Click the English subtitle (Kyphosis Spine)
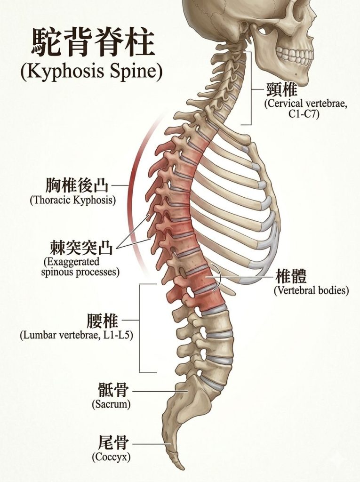(x=91, y=72)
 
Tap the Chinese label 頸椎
(x=282, y=90)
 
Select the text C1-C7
(x=304, y=114)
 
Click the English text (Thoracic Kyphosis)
(x=73, y=200)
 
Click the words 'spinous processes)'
(x=80, y=272)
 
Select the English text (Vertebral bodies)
(x=312, y=290)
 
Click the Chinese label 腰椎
(x=103, y=321)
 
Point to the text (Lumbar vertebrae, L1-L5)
(x=77, y=335)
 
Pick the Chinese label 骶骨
(x=113, y=390)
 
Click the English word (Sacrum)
(x=111, y=404)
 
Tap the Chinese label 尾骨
(x=113, y=443)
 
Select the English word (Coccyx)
(x=111, y=457)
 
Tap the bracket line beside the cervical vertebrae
(x=251, y=88)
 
